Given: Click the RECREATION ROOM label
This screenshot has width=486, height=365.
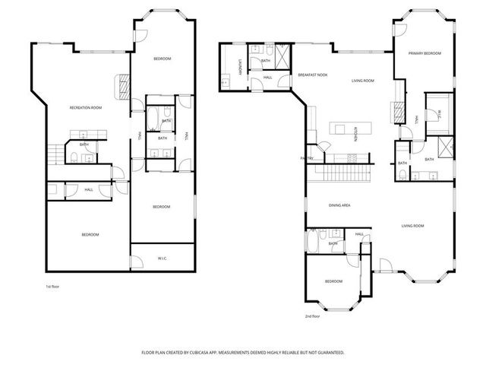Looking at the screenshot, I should click(86, 108).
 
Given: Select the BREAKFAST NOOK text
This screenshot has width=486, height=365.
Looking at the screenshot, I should click(312, 75).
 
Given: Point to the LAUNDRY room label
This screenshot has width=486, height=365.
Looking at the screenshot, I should click(239, 67).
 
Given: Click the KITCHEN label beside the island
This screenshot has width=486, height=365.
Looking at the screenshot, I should click(356, 132).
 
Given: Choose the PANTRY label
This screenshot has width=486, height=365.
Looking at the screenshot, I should click(308, 158).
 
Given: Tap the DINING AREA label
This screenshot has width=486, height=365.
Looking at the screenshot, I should click(339, 205).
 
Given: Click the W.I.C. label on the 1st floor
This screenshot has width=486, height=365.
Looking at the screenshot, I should click(163, 258).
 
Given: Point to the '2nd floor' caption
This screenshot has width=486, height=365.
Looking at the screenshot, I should click(313, 316).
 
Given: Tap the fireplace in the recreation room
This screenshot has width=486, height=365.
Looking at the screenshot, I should click(121, 87).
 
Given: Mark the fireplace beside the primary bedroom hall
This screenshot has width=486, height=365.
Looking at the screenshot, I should click(396, 112).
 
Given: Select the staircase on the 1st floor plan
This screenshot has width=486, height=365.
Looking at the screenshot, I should click(53, 154).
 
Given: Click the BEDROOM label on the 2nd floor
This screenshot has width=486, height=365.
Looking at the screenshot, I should click(334, 281).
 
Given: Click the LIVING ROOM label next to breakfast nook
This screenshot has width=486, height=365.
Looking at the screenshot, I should click(362, 81).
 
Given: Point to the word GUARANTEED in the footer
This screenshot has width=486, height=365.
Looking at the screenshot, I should click(327, 353).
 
